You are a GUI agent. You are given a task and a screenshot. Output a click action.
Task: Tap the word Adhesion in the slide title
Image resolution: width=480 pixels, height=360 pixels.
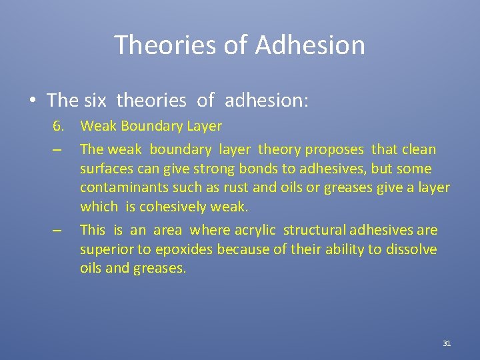click(x=310, y=45)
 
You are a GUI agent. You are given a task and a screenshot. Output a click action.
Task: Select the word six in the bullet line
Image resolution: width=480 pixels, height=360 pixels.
click(x=97, y=101)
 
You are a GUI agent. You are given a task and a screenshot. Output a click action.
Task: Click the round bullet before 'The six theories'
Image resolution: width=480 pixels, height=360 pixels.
click(x=33, y=101)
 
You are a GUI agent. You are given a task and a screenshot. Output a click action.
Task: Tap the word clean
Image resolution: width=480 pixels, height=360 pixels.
click(x=418, y=149)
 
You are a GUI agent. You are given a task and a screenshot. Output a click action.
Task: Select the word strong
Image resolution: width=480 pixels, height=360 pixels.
click(x=193, y=169)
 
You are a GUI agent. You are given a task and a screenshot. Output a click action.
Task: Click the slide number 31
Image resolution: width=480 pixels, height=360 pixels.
click(x=447, y=343)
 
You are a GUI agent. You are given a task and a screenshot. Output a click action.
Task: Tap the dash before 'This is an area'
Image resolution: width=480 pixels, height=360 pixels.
click(x=59, y=231)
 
